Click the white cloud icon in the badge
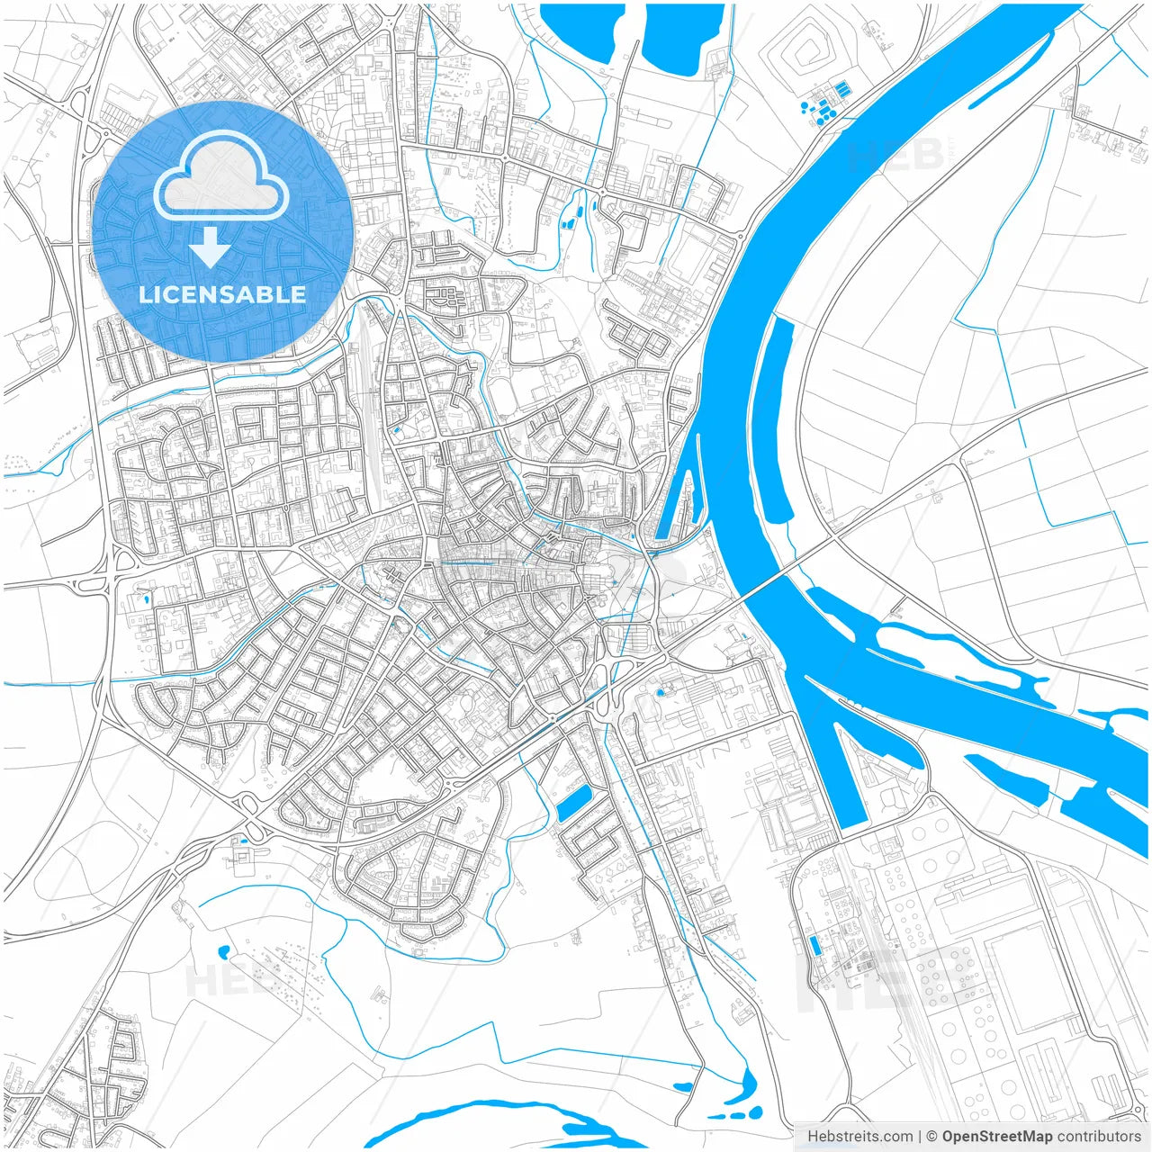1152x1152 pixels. (221, 175)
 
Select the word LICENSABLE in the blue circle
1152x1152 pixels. (222, 294)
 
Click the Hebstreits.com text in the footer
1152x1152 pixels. (859, 1137)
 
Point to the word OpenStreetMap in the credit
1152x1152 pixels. (997, 1137)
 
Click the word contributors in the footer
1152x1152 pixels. (1099, 1137)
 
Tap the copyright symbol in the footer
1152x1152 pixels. (932, 1137)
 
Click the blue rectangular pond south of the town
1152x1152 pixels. (573, 801)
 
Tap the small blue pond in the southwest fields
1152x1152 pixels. (222, 950)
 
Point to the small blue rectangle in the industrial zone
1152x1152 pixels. (815, 945)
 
